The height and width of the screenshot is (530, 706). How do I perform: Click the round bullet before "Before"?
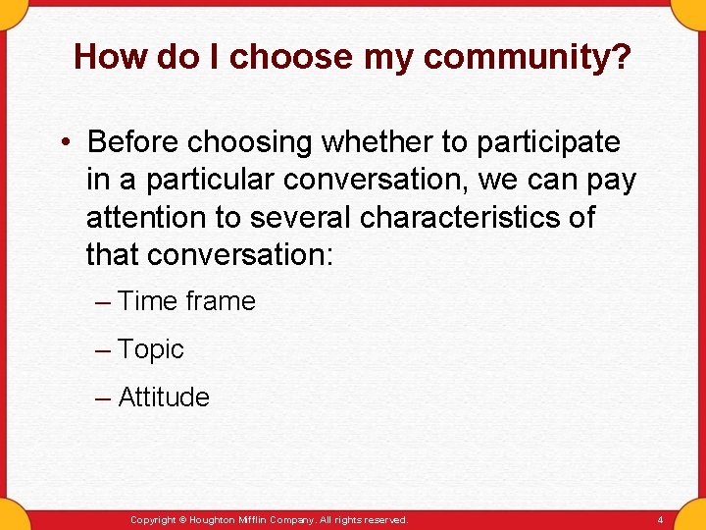(x=63, y=143)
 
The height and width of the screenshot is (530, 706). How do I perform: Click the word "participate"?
(x=548, y=142)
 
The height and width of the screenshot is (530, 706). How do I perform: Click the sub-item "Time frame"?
(x=186, y=301)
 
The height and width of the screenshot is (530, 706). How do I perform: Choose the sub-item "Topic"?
(x=151, y=349)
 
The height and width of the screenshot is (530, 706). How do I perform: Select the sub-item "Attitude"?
(x=164, y=397)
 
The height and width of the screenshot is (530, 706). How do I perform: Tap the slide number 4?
(x=660, y=520)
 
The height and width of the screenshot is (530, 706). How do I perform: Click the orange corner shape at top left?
(x=12, y=10)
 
